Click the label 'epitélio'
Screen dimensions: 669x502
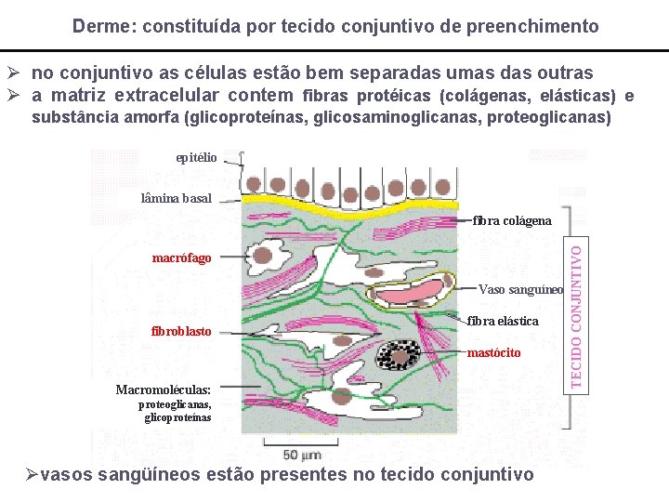click(x=196, y=158)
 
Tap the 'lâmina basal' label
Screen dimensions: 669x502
click(x=176, y=198)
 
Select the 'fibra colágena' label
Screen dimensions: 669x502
click(x=512, y=221)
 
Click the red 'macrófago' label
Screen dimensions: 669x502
click(x=181, y=258)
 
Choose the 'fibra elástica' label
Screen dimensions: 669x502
click(x=503, y=322)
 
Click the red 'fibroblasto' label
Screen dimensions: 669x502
click(x=180, y=332)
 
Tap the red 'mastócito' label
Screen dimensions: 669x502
click(x=493, y=353)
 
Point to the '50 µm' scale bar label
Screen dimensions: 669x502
click(x=302, y=455)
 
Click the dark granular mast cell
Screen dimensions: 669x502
click(x=404, y=355)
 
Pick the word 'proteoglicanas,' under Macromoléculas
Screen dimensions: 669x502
click(x=174, y=405)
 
